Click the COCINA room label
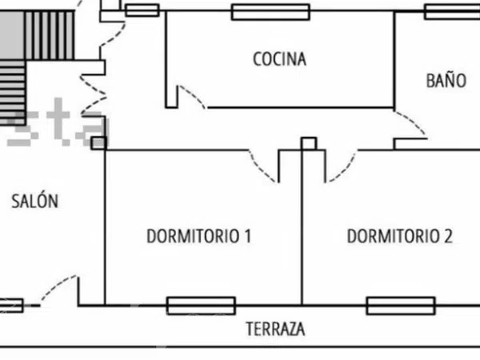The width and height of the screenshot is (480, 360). pos(279,59)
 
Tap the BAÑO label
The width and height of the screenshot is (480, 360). pos(446,80)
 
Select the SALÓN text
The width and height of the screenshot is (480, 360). pos(34,201)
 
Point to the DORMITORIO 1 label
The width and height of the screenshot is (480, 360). pos(199,236)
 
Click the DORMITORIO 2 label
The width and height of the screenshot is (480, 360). pos(399,236)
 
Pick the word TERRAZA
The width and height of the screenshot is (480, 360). pos(275,329)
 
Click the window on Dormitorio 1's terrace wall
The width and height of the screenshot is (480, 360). pos(201,306)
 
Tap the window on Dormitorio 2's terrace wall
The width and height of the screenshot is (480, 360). pos(401,306)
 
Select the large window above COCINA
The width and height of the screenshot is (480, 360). pos(270,12)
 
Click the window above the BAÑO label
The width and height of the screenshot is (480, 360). pos(452,12)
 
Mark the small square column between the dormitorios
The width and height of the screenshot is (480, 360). pos(309,143)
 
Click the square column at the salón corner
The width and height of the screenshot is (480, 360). pos(99,143)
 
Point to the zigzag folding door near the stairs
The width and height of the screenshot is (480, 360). pos(94,94)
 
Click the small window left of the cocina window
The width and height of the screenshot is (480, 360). pos(142,10)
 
